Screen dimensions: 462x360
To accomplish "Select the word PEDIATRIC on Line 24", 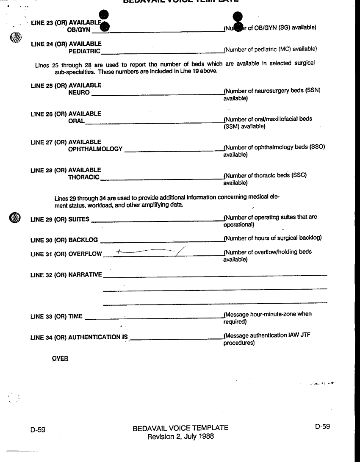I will tap(84, 51).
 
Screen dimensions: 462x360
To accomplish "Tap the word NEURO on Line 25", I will tap(79, 93).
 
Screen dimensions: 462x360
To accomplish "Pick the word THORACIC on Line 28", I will tap(84, 177).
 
